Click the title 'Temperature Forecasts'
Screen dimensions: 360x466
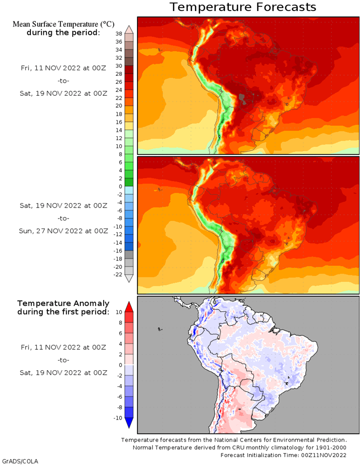point(243,7)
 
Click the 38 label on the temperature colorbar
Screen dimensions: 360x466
point(119,34)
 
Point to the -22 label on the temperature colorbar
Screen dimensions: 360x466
point(118,274)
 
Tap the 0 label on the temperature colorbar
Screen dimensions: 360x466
point(120,186)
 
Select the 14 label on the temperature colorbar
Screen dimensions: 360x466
point(119,130)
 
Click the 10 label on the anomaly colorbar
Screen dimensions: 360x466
point(119,312)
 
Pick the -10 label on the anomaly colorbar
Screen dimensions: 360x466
point(118,418)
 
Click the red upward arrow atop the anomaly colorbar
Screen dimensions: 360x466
point(129,307)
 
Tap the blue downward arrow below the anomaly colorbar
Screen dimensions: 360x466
point(129,423)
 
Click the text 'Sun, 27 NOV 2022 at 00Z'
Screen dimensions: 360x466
point(63,231)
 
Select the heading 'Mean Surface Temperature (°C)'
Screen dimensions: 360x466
point(63,24)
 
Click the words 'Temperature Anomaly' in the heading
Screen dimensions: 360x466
point(63,303)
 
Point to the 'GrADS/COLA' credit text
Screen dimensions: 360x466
point(20,462)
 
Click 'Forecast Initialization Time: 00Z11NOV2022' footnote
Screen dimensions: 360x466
point(283,455)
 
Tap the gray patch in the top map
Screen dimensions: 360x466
point(242,99)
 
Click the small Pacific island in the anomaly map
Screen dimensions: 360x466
point(160,329)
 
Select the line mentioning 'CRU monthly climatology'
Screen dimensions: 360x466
point(239,447)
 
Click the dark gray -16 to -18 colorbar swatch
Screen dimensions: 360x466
point(129,254)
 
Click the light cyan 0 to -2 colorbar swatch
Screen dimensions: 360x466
point(129,191)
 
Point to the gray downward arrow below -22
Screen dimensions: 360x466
point(129,278)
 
